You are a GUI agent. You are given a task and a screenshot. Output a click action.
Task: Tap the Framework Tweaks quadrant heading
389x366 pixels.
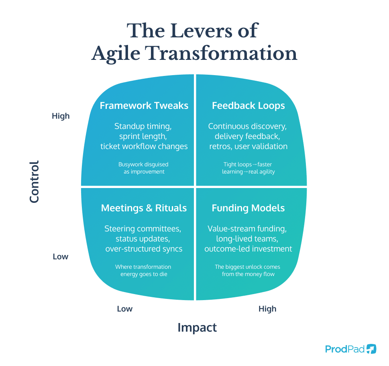tap(144, 106)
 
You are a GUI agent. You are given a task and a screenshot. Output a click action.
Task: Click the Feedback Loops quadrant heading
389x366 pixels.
tap(248, 106)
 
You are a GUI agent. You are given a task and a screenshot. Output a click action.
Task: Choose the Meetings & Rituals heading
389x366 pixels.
tap(144, 208)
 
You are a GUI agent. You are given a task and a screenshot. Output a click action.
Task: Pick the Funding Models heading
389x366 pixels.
tap(248, 208)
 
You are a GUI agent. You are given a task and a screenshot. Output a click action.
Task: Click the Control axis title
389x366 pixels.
tap(35, 182)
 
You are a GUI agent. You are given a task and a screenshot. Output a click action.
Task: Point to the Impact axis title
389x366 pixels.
tap(197, 327)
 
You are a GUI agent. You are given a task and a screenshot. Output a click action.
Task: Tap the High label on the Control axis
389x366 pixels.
tap(61, 116)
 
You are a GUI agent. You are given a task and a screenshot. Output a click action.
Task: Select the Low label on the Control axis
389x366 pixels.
tap(61, 256)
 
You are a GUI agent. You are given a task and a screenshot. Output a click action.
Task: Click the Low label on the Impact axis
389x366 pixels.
tap(124, 309)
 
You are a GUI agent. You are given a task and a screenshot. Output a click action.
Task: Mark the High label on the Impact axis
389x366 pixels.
tap(267, 309)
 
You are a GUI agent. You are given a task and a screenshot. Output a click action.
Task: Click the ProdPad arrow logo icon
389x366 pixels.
tap(371, 349)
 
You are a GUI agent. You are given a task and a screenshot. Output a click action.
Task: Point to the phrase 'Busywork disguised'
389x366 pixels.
tap(143, 164)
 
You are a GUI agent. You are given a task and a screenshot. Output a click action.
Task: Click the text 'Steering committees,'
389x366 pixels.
tap(143, 229)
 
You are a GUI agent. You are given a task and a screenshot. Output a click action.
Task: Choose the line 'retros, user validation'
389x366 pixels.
tap(248, 146)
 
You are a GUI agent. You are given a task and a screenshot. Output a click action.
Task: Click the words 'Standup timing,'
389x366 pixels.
tap(143, 126)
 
